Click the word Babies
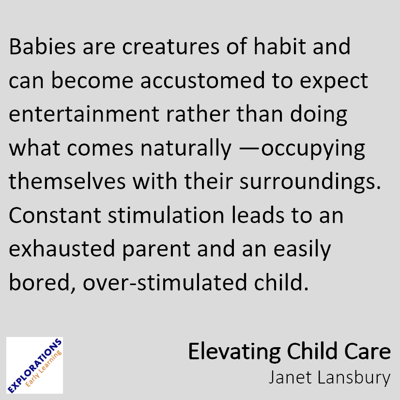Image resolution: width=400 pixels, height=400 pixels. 42,46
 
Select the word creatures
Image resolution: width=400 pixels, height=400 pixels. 170,47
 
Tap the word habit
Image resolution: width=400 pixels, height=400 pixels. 279,46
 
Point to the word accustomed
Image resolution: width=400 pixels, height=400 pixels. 202,80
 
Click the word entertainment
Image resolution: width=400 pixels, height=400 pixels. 84,114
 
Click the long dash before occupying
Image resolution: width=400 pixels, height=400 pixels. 249,149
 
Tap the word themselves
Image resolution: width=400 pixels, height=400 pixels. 67,181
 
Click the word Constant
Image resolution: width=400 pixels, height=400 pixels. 55,215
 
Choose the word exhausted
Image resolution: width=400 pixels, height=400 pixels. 62,248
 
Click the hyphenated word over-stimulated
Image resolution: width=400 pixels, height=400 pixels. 165,282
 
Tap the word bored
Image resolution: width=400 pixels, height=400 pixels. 42,283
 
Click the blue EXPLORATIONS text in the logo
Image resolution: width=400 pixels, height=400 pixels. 35,366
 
